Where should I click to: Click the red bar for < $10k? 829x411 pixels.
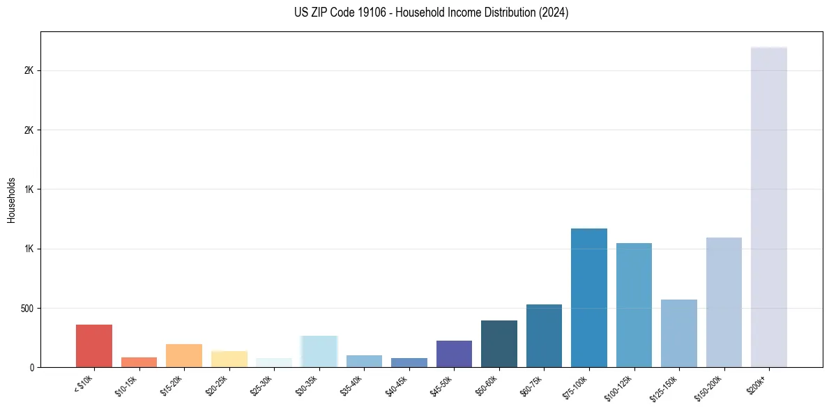click(94, 346)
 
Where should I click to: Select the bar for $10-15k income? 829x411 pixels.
click(139, 362)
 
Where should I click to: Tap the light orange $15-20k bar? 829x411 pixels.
click(184, 355)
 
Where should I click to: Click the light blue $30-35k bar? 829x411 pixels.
click(319, 351)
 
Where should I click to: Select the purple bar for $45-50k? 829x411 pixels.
click(454, 354)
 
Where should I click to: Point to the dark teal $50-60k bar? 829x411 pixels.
click(499, 343)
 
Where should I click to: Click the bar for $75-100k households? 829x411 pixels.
click(589, 297)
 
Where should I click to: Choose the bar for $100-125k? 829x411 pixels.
click(634, 305)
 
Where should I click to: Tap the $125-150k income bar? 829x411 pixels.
click(679, 333)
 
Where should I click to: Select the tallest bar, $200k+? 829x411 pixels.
click(769, 207)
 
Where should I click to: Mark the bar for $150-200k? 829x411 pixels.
click(724, 302)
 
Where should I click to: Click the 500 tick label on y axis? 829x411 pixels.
click(28, 308)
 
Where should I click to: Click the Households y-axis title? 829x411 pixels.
click(11, 199)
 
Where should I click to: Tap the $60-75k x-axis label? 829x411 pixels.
click(533, 385)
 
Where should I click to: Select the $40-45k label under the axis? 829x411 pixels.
click(397, 385)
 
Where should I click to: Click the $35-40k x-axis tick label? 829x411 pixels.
click(353, 385)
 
